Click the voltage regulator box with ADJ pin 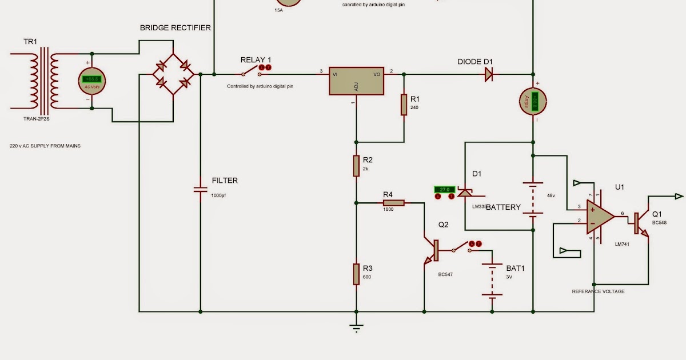click(x=356, y=81)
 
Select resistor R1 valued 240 click(x=404, y=105)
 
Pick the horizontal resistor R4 click(x=393, y=202)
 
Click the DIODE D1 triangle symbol click(x=489, y=74)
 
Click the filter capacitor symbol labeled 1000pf click(x=200, y=189)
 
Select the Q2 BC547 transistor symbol click(x=432, y=251)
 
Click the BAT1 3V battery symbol click(x=492, y=280)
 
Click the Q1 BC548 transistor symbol click(x=640, y=223)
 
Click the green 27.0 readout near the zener click(x=444, y=189)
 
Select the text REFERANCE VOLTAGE click(x=598, y=291)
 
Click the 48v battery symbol click(x=533, y=200)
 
